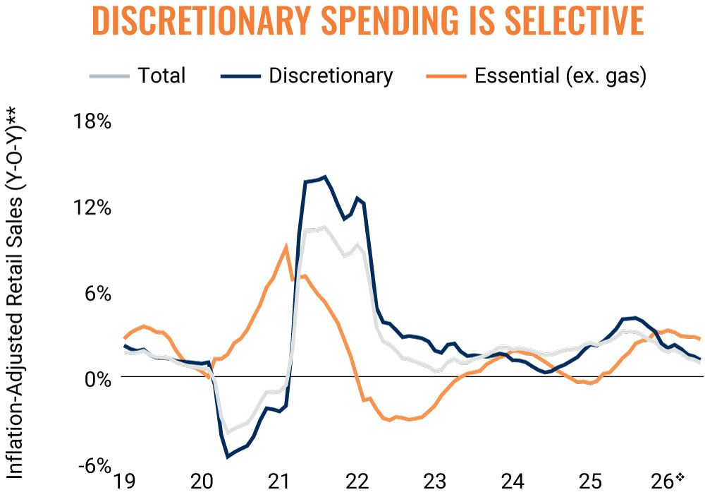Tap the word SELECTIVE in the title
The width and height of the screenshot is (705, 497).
coord(575,20)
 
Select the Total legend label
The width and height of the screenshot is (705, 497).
coord(161,76)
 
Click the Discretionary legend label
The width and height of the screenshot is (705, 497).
coord(331,76)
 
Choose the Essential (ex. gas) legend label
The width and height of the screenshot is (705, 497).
coord(560,76)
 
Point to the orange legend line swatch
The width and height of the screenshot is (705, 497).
coord(446,76)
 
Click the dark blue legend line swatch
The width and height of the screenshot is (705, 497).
coord(240,76)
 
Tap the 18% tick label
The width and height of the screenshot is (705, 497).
coord(92,121)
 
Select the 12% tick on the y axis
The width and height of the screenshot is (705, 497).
coord(92,208)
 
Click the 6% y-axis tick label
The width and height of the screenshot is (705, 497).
coord(97,294)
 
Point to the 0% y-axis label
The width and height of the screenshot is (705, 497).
coord(97,380)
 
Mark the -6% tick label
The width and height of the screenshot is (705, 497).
coord(94,465)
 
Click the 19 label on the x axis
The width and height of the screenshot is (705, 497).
coord(124,481)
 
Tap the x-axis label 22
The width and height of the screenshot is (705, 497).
coord(357,481)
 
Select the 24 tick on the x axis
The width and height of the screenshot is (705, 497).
coord(513,481)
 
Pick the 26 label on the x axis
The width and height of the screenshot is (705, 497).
coord(663,481)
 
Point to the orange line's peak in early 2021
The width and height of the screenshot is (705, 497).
coord(286,246)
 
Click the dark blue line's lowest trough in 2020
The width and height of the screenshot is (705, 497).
coord(228,457)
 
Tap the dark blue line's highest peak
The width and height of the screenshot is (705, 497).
coord(325,176)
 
